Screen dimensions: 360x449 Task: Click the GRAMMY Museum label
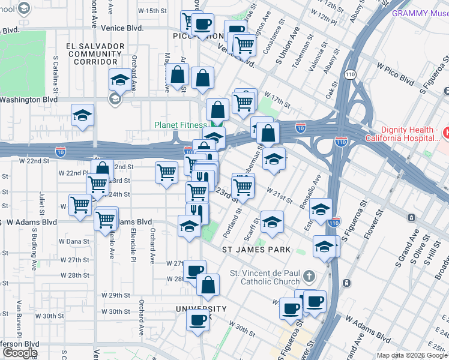tap(419, 13)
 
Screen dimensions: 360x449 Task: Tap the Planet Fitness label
tap(181, 125)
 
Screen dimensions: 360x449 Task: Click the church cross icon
tap(309, 277)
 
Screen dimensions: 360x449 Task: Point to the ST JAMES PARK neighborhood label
tap(256, 249)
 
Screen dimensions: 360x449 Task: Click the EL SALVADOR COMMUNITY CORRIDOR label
tap(92, 53)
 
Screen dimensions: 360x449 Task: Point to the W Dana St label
tap(74, 241)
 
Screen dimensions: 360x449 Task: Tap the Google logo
tap(20, 352)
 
